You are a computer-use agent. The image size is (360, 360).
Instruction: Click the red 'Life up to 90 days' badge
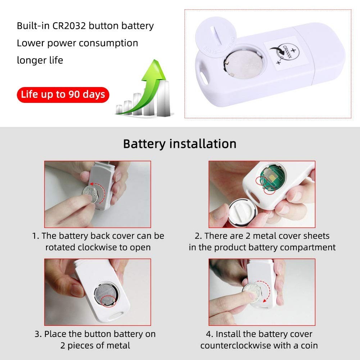point(63,95)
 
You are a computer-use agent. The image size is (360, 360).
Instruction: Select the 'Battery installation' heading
point(180,144)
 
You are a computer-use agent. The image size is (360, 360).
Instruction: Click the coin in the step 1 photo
point(91,194)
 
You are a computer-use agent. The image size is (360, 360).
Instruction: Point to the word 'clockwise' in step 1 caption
point(97,248)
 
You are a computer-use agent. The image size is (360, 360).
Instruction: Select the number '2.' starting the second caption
point(198,236)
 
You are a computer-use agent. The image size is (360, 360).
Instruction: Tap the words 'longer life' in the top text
point(40,60)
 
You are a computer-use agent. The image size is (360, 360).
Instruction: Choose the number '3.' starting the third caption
point(38,334)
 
